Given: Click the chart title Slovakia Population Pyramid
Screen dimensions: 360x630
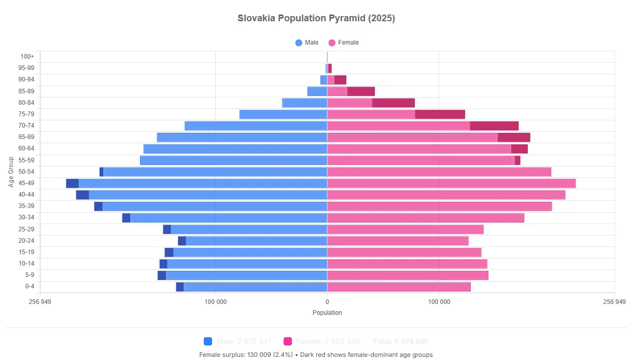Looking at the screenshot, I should pos(316,18).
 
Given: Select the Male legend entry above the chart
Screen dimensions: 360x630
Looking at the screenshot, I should pos(307,43).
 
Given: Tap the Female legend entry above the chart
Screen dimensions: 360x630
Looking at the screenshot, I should pos(343,43).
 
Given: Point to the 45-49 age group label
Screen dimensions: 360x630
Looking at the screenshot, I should pos(26,183).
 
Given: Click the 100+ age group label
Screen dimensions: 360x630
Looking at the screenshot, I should pos(27,57).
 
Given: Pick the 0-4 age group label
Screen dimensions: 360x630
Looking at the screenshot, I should pos(30,286).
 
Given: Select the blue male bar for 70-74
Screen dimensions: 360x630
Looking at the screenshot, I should pos(256,126).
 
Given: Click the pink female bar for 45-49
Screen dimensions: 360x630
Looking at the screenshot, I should pos(451,183).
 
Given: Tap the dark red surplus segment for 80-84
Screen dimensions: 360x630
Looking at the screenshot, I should pos(394,103).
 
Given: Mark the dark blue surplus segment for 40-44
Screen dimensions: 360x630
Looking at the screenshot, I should pos(82,195).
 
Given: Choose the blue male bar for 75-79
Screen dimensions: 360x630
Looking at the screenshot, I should pos(283,114).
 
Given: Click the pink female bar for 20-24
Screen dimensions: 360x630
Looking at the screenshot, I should pos(398,241).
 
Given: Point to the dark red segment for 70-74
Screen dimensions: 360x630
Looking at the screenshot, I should pos(494,126).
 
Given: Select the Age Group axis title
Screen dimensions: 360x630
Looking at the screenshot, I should pos(11,172).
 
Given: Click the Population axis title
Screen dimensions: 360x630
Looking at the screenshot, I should pos(327,313).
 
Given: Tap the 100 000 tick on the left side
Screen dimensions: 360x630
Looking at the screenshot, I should pos(215,302).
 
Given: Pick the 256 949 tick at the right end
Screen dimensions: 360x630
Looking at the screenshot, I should pos(614,302).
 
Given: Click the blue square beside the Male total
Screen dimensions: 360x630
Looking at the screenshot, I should pos(208,341).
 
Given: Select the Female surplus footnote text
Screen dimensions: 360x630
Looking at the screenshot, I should pos(316,355).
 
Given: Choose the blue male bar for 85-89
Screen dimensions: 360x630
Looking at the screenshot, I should pos(317,91).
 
